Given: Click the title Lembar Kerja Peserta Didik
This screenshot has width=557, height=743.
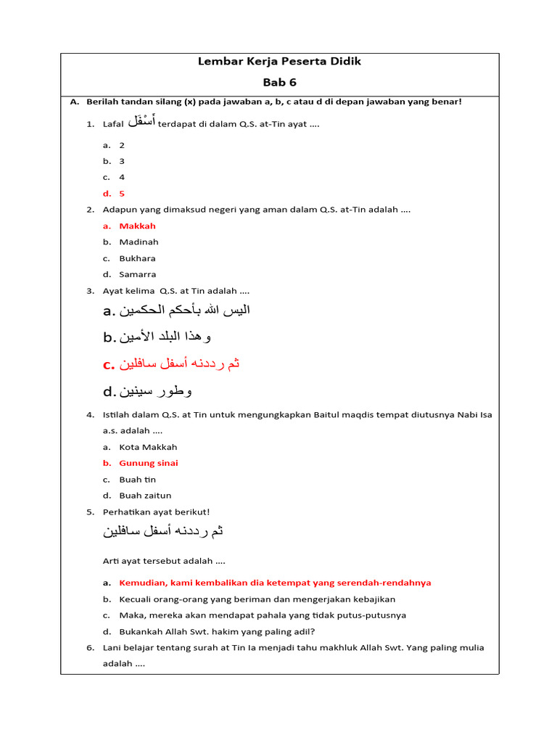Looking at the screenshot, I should [279, 62].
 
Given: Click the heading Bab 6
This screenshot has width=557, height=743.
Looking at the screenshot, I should [279, 82].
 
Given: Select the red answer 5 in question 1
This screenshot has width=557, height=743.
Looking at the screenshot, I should [122, 194].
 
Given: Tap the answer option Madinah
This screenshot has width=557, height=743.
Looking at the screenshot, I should [139, 242].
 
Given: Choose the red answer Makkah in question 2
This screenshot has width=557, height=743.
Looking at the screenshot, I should [137, 226].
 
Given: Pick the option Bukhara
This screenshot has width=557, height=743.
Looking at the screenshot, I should [137, 258].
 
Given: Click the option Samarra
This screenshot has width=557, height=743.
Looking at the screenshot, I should [137, 274].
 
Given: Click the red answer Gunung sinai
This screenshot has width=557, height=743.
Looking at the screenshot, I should [149, 463].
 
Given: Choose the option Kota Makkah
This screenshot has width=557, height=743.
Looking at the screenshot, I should [148, 447].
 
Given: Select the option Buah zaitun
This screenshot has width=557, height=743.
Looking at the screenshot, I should [145, 496].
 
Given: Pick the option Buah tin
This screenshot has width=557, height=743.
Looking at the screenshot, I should [137, 480].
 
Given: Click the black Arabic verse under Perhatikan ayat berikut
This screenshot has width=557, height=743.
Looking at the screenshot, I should [163, 531].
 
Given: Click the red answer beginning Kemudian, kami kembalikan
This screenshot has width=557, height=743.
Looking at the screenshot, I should [275, 583].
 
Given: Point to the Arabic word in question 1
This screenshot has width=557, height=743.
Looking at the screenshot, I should [141, 122].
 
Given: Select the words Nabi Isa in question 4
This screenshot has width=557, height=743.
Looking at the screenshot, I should [474, 415].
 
